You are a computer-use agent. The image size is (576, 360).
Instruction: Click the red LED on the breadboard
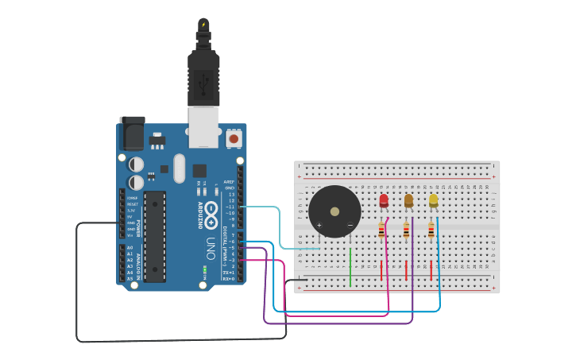coord(384,200)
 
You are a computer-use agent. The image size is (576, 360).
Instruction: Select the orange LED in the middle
coord(408,200)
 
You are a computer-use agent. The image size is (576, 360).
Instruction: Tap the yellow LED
coord(433,200)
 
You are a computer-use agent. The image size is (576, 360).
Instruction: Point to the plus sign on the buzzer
coord(319,225)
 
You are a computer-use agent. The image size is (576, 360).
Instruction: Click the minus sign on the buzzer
coord(350,225)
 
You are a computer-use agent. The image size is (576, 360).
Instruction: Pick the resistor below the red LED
coord(382,230)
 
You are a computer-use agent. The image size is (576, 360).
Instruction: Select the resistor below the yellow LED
coord(431,230)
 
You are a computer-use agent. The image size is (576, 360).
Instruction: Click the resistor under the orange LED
coord(407,230)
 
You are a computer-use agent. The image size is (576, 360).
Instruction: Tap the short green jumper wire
coord(350,266)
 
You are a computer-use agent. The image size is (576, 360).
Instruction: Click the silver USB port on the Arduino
coord(204,127)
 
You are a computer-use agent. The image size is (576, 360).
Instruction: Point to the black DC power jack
coord(131,134)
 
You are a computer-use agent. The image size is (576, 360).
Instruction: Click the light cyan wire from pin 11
coord(270,207)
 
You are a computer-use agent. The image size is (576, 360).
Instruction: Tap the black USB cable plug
coord(203,75)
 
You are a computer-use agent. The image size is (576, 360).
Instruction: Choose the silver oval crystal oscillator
coord(179,168)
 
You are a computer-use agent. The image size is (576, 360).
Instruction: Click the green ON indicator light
coord(205,270)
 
